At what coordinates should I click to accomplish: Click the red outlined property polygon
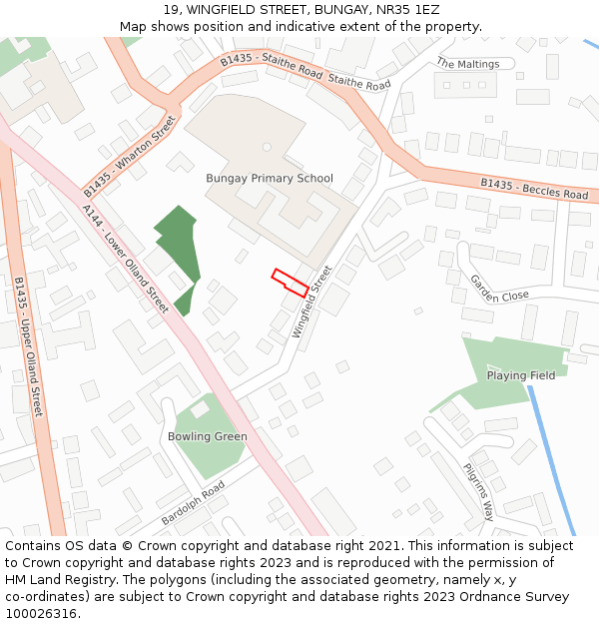click(290, 283)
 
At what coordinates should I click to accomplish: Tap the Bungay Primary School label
click(270, 179)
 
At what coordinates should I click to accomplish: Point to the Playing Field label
click(520, 375)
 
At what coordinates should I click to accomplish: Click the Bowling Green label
click(207, 436)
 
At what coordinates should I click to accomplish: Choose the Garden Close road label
click(499, 290)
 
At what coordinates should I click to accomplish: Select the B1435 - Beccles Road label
click(534, 188)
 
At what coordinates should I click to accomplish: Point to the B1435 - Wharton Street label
click(130, 157)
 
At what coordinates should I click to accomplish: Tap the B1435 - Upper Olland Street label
click(28, 346)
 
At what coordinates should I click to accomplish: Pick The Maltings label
click(466, 64)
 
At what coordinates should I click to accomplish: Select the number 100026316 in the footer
click(41, 613)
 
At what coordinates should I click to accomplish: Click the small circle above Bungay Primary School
click(267, 147)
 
